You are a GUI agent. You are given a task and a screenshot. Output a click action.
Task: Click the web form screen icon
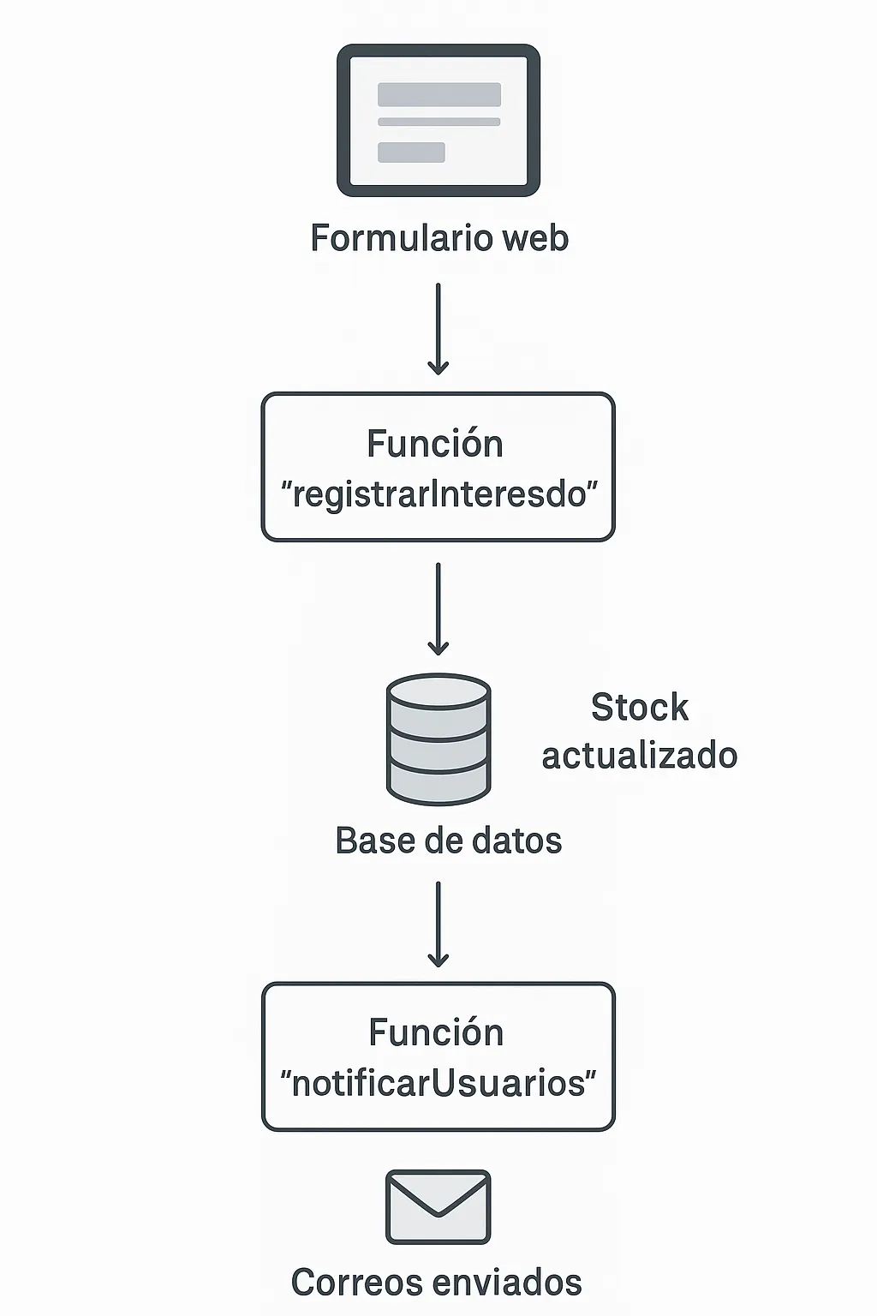click(x=438, y=120)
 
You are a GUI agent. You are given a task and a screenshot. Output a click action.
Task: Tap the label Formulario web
click(x=438, y=238)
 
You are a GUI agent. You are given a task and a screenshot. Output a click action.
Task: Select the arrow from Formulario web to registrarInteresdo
click(x=438, y=330)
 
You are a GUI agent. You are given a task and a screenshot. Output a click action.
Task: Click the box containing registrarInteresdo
click(x=438, y=467)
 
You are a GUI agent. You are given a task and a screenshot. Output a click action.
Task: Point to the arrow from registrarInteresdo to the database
click(x=438, y=608)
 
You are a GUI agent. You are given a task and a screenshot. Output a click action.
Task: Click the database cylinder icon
click(x=438, y=739)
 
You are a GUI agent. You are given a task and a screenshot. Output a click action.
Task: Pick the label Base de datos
click(x=448, y=840)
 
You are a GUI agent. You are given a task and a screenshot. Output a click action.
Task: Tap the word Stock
click(x=640, y=708)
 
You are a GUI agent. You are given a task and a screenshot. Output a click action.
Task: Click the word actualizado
click(x=640, y=756)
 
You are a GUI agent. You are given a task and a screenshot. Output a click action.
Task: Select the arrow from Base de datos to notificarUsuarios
click(x=438, y=924)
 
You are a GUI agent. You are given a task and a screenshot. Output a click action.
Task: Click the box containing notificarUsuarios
click(x=438, y=1056)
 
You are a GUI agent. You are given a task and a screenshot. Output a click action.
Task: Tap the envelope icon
click(x=438, y=1206)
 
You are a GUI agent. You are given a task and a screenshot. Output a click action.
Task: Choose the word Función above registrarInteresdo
click(x=435, y=444)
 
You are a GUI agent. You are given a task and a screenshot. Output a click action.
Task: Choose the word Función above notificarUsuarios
click(x=436, y=1032)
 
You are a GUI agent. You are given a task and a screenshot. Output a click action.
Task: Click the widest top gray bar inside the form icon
click(x=439, y=94)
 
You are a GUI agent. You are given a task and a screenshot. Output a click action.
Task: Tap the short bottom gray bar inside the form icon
click(x=411, y=153)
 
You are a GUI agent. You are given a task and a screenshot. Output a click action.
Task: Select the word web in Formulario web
click(x=535, y=238)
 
